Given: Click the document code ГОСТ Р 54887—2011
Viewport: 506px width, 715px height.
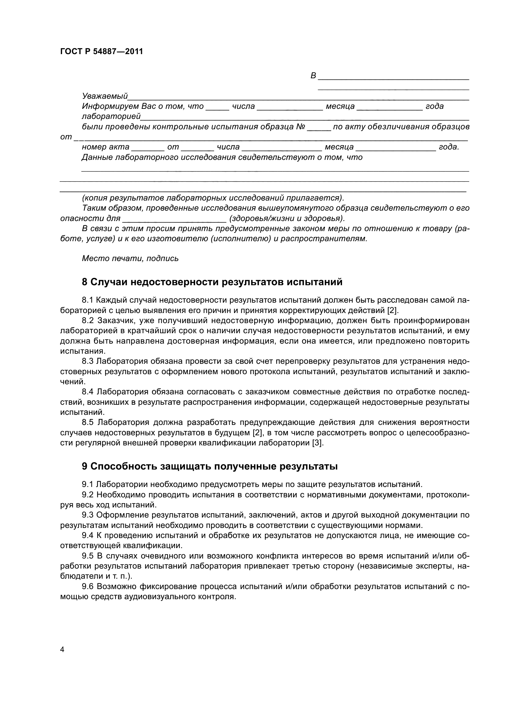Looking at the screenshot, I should click(102, 52).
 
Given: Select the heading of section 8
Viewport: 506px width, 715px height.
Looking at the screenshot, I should click(212, 282).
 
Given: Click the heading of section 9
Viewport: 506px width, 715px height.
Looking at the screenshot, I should click(210, 466).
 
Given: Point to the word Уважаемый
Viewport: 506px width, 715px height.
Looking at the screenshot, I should click(105, 96).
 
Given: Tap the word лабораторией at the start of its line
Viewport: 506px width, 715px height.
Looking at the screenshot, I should click(111, 116).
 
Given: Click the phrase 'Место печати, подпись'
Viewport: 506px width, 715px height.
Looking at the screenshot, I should click(130, 259).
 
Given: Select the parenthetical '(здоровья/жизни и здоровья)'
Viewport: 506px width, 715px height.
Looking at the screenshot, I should click(287, 219).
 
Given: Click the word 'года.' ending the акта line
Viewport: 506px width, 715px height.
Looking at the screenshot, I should click(449, 147).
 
